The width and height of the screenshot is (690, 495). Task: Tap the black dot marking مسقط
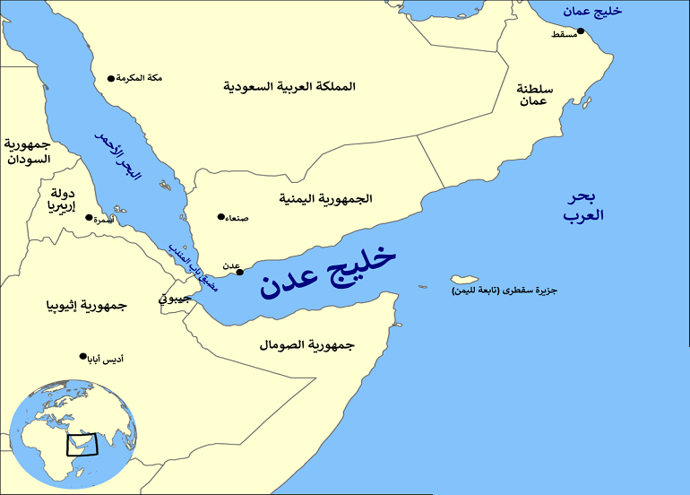(x=581, y=31)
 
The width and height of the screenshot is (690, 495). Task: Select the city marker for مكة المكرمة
(x=111, y=79)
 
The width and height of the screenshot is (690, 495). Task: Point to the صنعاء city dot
(x=221, y=216)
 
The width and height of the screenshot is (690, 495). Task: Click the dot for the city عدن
(x=239, y=272)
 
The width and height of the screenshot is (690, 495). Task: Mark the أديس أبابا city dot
(x=83, y=356)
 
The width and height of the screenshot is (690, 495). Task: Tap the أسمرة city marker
(x=88, y=217)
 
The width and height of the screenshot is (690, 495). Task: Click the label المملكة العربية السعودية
(x=289, y=87)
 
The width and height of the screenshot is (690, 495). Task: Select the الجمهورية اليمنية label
(x=325, y=198)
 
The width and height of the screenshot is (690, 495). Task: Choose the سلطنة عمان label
(x=534, y=95)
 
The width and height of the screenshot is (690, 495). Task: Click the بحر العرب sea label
(x=584, y=206)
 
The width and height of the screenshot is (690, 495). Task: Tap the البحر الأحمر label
(x=118, y=156)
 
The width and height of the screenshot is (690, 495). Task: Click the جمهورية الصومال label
(x=307, y=344)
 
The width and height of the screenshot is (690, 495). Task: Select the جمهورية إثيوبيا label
(x=87, y=306)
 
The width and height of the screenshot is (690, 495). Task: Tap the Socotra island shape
(x=465, y=278)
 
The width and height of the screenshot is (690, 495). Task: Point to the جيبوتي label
(x=176, y=298)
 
